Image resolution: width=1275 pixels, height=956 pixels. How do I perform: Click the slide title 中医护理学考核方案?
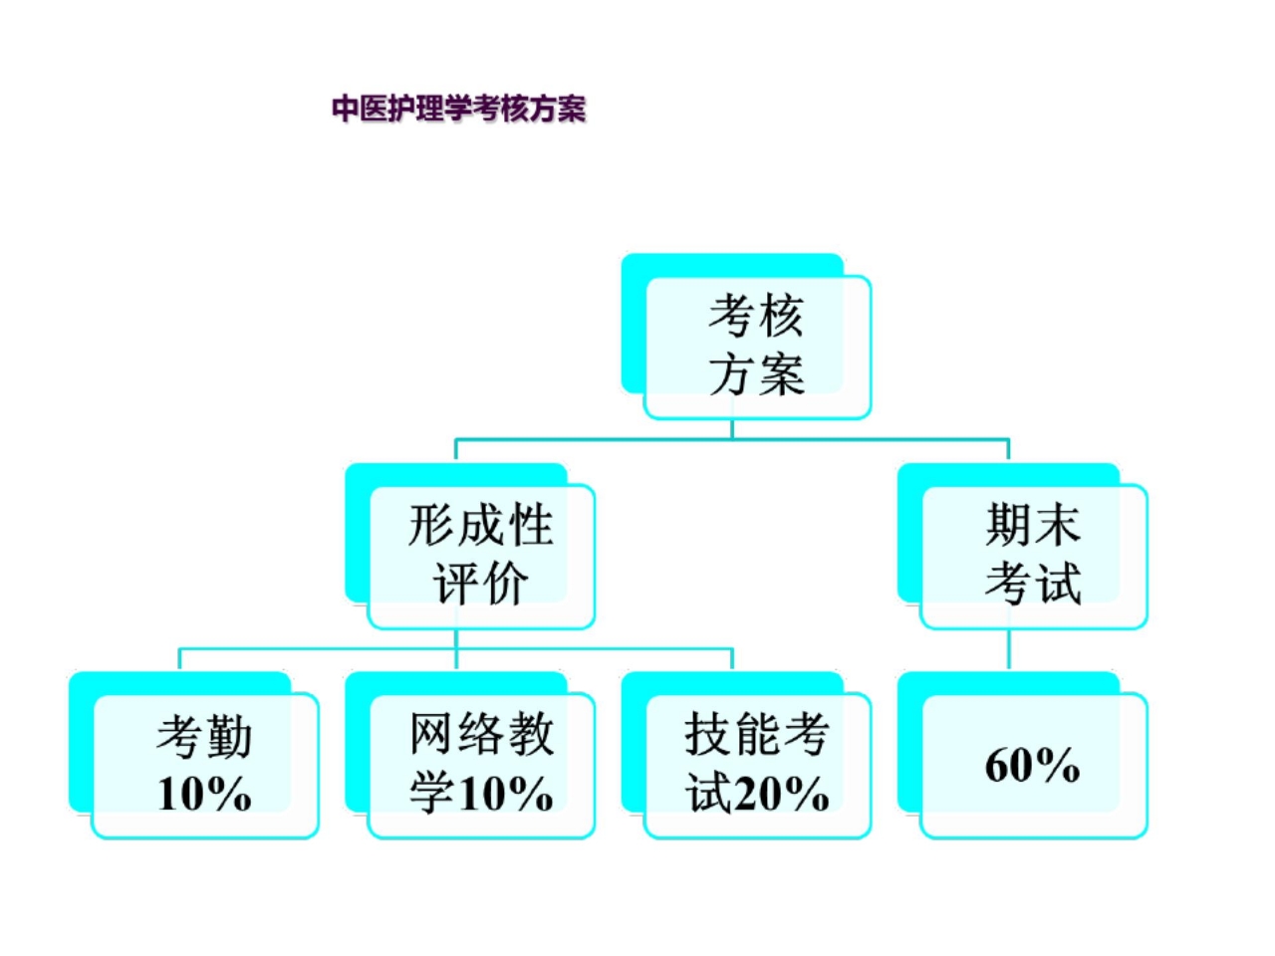tap(458, 109)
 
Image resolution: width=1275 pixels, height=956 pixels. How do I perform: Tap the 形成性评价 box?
tap(481, 556)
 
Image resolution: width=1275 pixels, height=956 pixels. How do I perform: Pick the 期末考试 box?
tap(1033, 556)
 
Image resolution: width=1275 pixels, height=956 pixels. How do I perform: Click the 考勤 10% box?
tap(205, 765)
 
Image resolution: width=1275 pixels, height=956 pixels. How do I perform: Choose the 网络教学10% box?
tap(481, 765)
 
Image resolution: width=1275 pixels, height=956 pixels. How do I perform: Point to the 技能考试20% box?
tap(757, 765)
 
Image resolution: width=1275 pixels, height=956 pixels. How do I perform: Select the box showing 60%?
tap(1033, 765)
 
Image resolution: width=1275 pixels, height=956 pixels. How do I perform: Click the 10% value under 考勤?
tap(204, 795)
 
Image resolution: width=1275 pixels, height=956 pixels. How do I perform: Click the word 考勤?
tap(204, 737)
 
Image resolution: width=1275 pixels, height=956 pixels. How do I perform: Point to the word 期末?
tap(1033, 525)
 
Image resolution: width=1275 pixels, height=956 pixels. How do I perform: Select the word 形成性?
tap(481, 525)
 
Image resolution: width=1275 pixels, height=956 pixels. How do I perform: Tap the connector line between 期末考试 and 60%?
tap(1009, 650)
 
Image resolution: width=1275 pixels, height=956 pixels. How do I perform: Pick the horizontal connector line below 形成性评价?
tap(319, 649)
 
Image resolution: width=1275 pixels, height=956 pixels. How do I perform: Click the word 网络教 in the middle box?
tap(481, 735)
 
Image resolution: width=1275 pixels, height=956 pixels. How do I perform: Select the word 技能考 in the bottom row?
tap(757, 735)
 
